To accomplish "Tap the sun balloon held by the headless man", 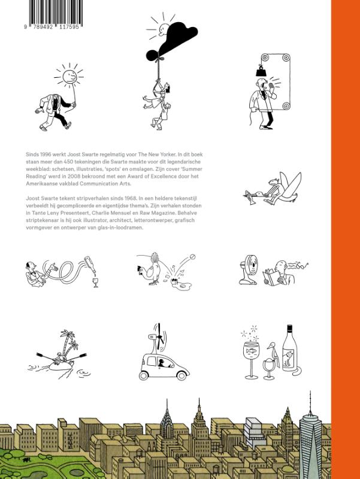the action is (69, 75).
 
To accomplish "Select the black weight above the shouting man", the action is (261, 71).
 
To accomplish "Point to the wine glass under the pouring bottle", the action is (96, 283).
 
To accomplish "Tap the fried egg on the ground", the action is (183, 286).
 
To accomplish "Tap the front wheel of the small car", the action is (181, 375).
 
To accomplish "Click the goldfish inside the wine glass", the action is (252, 350).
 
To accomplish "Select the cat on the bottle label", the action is (288, 358).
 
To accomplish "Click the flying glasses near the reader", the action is (302, 265).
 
